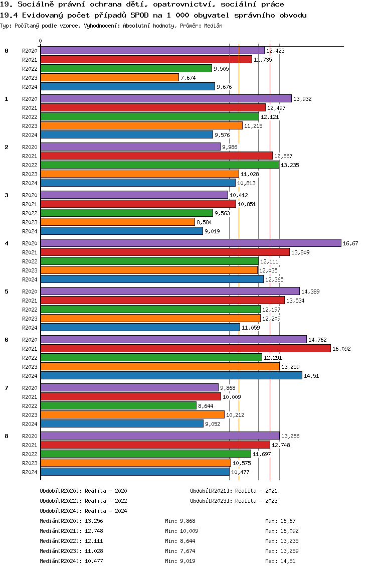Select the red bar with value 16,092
tap(185, 348)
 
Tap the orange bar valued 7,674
tap(109, 77)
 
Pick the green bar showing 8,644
tap(118, 405)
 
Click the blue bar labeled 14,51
tap(171, 375)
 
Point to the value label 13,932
tap(302, 99)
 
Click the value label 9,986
tap(231, 147)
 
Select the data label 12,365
tap(274, 279)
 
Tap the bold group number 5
tap(7, 291)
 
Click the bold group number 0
tap(7, 51)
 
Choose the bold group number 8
tap(7, 436)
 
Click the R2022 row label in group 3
tap(30, 213)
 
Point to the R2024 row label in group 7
tap(30, 424)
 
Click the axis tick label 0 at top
tap(41, 41)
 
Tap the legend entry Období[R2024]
tap(61, 511)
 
